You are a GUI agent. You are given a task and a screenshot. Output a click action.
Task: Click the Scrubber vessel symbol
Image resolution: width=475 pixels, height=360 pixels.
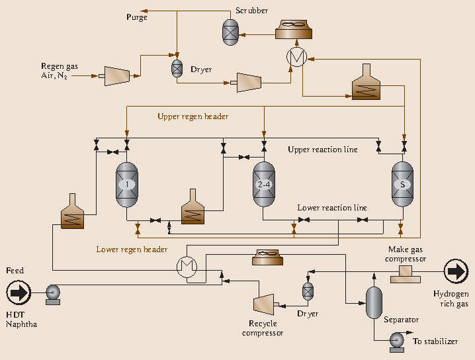pyautogui.click(x=230, y=30)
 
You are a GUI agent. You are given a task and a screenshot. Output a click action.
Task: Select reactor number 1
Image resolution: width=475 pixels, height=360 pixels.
pyautogui.click(x=128, y=184)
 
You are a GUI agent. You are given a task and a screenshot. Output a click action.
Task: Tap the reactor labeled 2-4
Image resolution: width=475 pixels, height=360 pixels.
pyautogui.click(x=263, y=184)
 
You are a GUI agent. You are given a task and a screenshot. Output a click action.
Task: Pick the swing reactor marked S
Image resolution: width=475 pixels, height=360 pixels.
pyautogui.click(x=402, y=184)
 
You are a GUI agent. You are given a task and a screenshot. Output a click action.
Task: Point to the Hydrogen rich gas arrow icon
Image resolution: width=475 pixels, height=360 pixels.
pyautogui.click(x=456, y=271)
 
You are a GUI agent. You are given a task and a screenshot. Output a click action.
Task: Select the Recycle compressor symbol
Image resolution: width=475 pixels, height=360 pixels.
pyautogui.click(x=264, y=304)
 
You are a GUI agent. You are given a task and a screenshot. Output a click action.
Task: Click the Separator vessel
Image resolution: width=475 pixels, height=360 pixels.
pyautogui.click(x=374, y=302)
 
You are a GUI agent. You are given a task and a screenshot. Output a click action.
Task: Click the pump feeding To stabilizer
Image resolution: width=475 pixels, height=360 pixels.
pyautogui.click(x=396, y=341)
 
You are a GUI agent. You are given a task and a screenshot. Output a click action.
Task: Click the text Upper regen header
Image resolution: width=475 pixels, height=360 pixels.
pyautogui.click(x=193, y=116)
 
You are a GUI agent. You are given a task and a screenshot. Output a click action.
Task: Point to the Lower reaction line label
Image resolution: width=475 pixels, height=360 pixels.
pyautogui.click(x=331, y=208)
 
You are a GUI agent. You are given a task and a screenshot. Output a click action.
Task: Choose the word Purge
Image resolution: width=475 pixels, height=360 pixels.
pyautogui.click(x=137, y=17)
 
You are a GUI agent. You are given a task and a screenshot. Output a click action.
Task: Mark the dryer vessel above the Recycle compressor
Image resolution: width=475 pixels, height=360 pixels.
pyautogui.click(x=307, y=291)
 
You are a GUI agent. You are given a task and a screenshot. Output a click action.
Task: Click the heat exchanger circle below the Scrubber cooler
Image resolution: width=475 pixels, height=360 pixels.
pyautogui.click(x=296, y=58)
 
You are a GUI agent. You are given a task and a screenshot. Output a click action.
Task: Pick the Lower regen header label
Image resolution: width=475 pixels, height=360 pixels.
pyautogui.click(x=132, y=249)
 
